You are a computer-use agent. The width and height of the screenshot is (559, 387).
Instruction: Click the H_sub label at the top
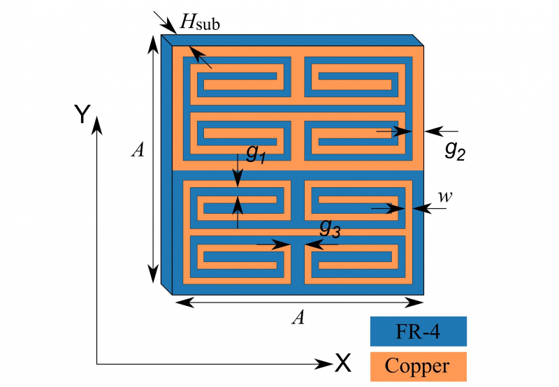pos(201,22)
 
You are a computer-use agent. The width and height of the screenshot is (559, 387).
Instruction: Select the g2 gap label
pos(455,150)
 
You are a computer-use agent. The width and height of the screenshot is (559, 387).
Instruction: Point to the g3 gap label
pos(330,228)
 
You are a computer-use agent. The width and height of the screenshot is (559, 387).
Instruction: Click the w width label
pos(444,198)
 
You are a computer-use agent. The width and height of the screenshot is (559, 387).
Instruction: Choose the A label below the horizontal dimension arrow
pos(298,318)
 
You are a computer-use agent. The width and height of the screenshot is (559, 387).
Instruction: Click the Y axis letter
pos(82,113)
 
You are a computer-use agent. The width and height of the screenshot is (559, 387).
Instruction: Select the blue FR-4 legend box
pos(418,331)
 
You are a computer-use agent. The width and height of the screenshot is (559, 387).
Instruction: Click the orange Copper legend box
pos(418,366)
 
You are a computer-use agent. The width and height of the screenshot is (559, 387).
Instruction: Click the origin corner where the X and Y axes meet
pos(97,363)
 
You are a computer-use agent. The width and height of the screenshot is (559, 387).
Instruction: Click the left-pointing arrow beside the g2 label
pos(442,131)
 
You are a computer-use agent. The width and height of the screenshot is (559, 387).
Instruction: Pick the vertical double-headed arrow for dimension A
pos(154,159)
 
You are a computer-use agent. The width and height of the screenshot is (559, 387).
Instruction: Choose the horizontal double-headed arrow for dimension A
pos(298,302)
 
